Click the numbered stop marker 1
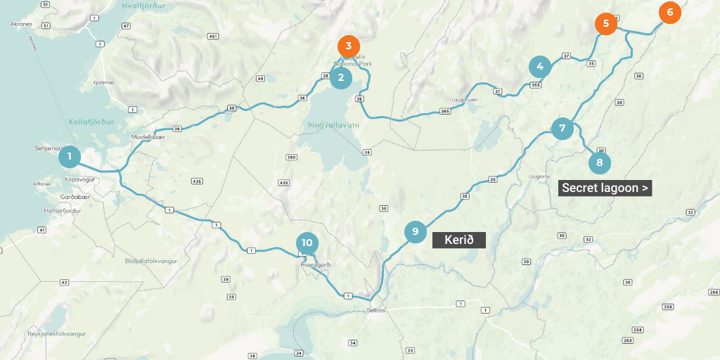70,156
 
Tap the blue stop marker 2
341,77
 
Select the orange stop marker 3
349,46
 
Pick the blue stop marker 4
540,67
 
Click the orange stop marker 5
605,24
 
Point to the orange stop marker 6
669,12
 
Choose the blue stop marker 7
562,129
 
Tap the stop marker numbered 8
599,163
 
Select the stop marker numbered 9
416,231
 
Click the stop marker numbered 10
307,243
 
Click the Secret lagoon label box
605,188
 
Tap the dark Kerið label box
459,240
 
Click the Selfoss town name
376,310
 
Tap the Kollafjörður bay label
91,122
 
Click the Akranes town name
22,24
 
